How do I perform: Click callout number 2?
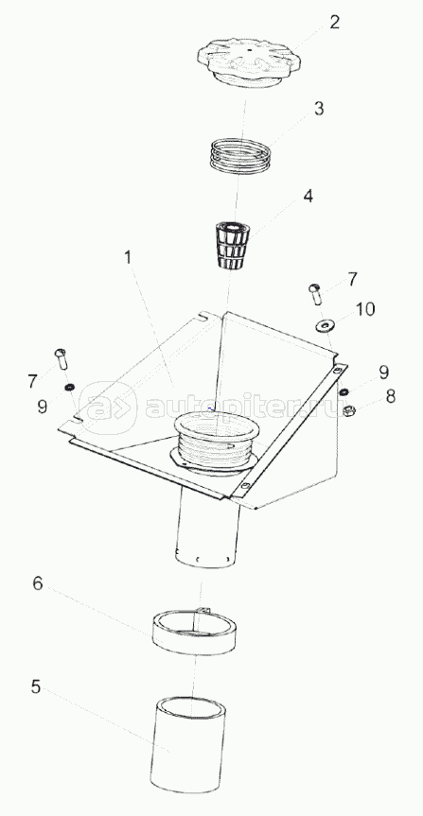(x=334, y=22)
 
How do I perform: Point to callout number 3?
(x=318, y=109)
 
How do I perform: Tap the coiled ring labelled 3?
(x=240, y=154)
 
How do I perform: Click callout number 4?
(x=308, y=196)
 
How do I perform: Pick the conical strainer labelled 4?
(x=234, y=245)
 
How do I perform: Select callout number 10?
(x=365, y=309)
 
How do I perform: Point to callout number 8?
(x=390, y=396)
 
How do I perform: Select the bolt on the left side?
(x=61, y=358)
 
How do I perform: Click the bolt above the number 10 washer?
(x=316, y=294)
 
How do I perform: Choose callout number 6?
(x=38, y=583)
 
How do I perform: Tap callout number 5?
(x=35, y=687)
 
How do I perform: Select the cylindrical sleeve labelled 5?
(x=187, y=743)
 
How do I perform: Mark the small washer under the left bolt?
(x=68, y=387)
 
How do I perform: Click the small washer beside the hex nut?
(x=344, y=391)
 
